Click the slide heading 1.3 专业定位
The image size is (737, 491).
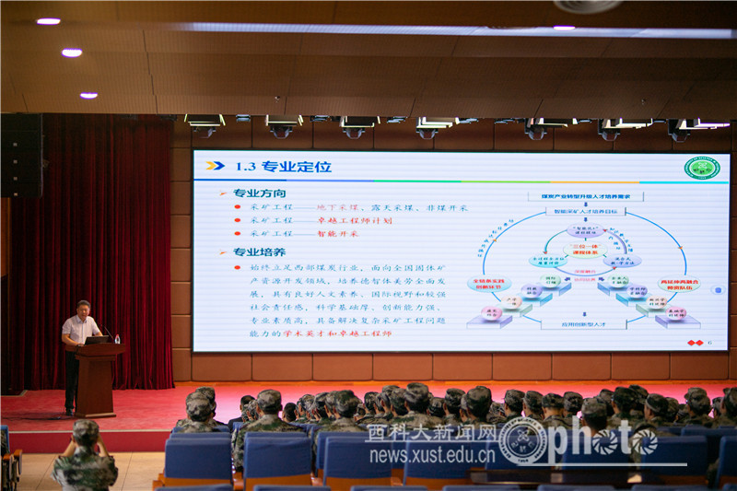coord(282,167)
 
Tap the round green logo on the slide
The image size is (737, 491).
coord(702,168)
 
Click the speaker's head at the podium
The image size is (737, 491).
coord(83,308)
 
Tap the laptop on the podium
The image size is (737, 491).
coord(95,340)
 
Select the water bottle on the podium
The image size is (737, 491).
coord(117,339)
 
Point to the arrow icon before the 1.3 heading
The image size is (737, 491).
coord(215,167)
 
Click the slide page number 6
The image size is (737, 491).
coord(709,344)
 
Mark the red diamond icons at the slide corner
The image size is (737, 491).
coord(696,344)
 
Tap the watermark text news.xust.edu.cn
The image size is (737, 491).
coord(432,455)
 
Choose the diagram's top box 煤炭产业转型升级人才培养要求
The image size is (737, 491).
coord(578,196)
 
